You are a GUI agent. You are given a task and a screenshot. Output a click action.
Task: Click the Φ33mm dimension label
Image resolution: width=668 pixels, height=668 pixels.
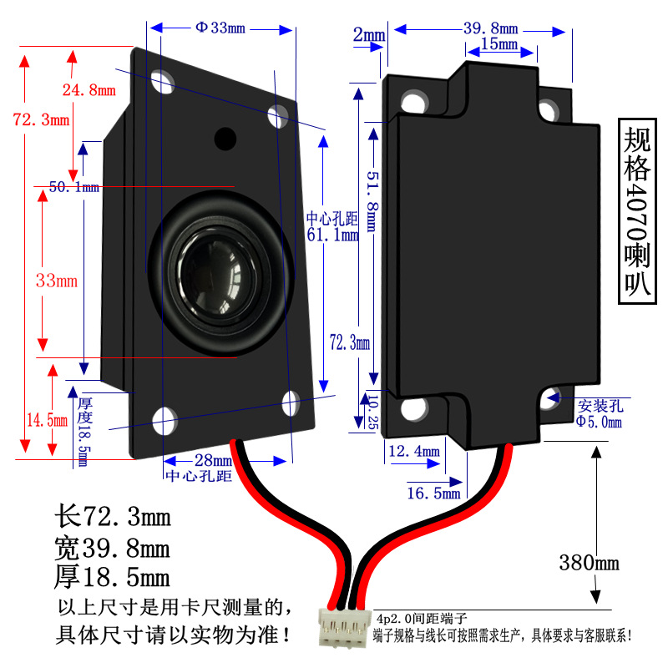(x=220, y=28)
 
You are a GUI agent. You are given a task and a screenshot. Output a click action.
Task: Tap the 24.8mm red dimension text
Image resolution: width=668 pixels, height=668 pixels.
(x=87, y=89)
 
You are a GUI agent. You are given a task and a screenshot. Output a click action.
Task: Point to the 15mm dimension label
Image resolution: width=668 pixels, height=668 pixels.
(x=499, y=43)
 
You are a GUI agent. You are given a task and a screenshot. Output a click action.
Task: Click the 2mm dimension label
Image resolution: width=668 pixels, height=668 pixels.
(x=368, y=35)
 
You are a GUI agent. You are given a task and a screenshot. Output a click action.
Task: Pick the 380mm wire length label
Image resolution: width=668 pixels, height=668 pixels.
(x=590, y=562)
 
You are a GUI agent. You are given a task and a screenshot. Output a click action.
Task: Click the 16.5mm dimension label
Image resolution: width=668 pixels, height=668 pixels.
(x=433, y=493)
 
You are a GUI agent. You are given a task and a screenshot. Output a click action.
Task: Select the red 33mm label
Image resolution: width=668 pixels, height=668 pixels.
(x=56, y=281)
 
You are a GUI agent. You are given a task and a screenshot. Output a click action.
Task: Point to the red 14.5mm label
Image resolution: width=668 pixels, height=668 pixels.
(x=46, y=420)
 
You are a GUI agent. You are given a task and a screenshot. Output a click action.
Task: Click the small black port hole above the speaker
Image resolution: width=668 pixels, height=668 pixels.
(x=225, y=138)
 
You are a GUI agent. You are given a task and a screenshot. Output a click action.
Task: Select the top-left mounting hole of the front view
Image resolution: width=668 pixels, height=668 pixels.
(x=162, y=81)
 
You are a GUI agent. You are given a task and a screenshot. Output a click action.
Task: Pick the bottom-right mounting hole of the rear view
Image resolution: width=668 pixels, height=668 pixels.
(x=550, y=398)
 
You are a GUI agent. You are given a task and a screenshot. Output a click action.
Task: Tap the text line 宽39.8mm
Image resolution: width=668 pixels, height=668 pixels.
(x=112, y=548)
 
